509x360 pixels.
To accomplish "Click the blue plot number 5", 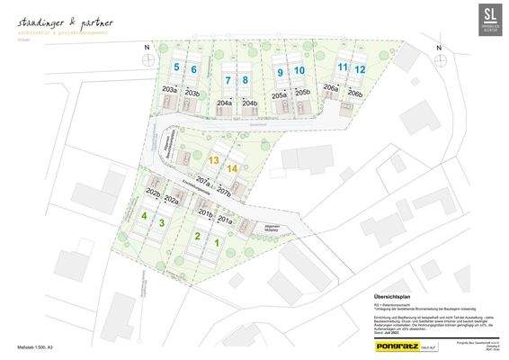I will pos(177,68).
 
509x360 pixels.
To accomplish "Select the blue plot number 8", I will pos(245,80).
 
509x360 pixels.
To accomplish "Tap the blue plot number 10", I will pos(299,71).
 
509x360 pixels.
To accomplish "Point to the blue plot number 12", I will pos(360,69).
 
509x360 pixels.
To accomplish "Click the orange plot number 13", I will pos(214,159).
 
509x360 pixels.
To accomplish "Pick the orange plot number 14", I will pos(232,168).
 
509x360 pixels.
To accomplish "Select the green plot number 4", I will pos(144,216).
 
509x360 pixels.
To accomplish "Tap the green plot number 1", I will pos(217,243).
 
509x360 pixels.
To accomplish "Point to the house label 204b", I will pos(249,103).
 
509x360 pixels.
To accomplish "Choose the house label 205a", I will pos(280,94).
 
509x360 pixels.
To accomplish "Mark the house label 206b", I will pos(354,94).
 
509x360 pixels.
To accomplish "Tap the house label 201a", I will pos(224,220).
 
